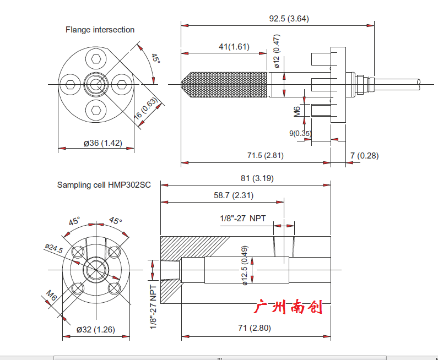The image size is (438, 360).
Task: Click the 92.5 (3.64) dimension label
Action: tap(289, 18)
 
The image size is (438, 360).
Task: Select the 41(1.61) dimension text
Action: tap(234, 47)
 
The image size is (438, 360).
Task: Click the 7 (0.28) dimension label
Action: tap(364, 156)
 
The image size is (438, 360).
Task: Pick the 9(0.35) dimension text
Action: tap(300, 133)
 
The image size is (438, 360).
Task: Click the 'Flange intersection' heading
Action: tap(100, 30)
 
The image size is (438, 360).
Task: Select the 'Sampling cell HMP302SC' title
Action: tap(104, 185)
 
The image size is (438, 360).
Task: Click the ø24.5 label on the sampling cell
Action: tap(54, 249)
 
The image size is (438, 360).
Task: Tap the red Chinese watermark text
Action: tap(288, 307)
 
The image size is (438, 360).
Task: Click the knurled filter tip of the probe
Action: tap(226, 84)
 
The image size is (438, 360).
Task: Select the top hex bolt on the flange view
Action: tap(96, 59)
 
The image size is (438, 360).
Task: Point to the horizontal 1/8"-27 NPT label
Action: tap(242, 219)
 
